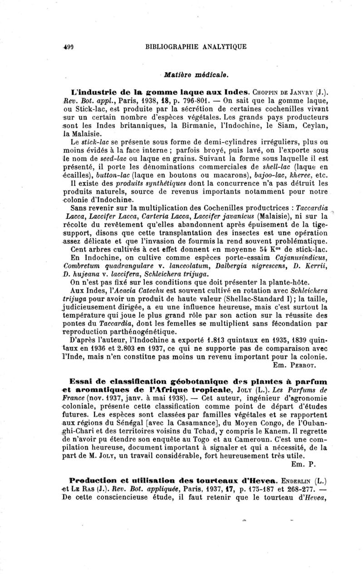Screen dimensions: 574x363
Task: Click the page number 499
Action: pyautogui.click(x=69, y=46)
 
